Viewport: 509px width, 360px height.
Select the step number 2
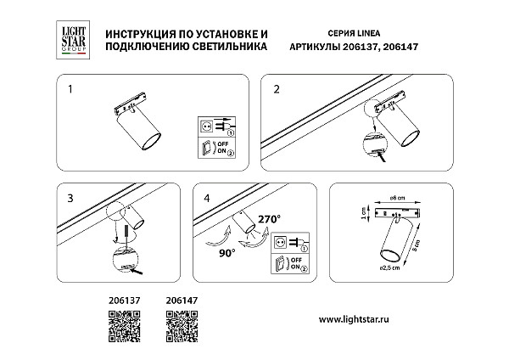tap(277, 87)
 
